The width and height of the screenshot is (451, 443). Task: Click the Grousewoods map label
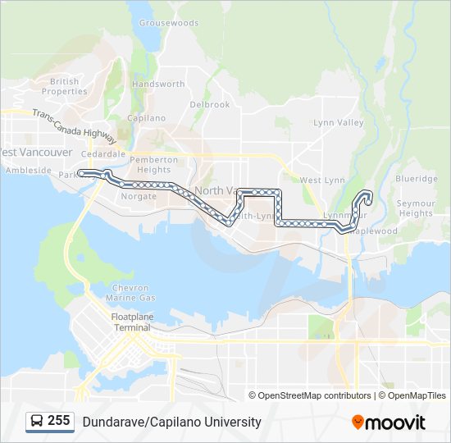169,23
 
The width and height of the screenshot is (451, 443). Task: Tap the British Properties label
65,86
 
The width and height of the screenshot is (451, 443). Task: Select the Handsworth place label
158,84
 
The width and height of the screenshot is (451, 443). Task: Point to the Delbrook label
210,105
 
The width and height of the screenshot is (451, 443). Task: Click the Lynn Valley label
338,123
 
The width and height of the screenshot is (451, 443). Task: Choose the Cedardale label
103,153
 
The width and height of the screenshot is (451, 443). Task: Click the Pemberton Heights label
153,164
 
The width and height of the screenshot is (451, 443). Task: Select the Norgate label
139,197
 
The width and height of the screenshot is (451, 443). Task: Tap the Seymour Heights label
416,208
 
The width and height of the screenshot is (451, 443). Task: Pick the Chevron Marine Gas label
131,293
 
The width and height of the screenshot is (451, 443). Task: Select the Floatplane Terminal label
131,322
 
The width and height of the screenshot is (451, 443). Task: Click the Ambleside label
29,171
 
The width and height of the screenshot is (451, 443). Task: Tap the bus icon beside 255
37,422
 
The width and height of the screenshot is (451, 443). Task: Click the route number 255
59,421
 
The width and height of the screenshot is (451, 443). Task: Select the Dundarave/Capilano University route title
171,422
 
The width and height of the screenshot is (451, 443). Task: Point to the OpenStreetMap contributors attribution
315,395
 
